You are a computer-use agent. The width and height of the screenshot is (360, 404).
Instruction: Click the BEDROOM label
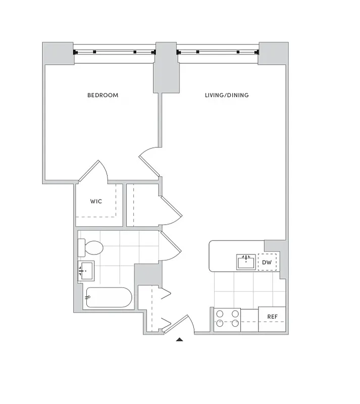pos(102,95)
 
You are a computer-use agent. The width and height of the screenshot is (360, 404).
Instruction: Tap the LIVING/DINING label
pos(227,95)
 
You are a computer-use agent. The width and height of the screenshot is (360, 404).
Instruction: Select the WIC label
pos(96,201)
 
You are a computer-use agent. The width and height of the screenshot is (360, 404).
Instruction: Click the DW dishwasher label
pos(267,262)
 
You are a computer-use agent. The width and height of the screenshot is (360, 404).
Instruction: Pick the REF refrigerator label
pos(272,317)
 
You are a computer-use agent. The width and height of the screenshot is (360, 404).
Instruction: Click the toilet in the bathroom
pos(91,248)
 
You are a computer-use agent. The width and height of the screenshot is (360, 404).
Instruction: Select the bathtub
pos(109,297)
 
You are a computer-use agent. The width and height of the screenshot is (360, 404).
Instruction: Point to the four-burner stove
pos(227,319)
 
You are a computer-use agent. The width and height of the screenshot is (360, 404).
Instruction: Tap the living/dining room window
pos(218,52)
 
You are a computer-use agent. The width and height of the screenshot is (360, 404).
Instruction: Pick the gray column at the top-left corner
pos(57,53)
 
